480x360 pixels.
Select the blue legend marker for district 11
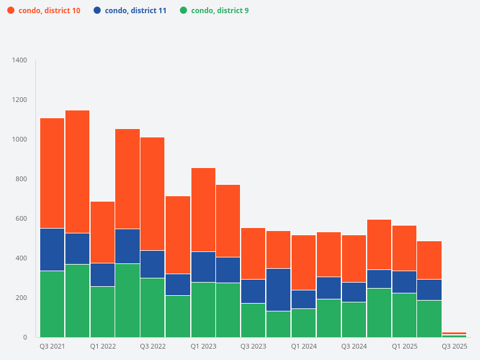pyautogui.click(x=97, y=11)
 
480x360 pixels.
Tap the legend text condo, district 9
pyautogui.click(x=220, y=11)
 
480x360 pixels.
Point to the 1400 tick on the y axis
pyautogui.click(x=20, y=61)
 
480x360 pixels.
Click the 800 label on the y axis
pyautogui.click(x=22, y=179)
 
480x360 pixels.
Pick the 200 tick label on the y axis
pyautogui.click(x=22, y=298)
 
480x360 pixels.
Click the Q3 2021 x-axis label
pyautogui.click(x=52, y=347)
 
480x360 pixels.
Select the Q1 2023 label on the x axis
pyautogui.click(x=203, y=347)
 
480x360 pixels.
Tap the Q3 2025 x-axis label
pyautogui.click(x=454, y=347)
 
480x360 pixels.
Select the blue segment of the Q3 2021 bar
pyautogui.click(x=52, y=250)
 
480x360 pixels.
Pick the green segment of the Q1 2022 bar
pyautogui.click(x=103, y=311)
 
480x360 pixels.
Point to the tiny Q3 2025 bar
pyautogui.click(x=454, y=334)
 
